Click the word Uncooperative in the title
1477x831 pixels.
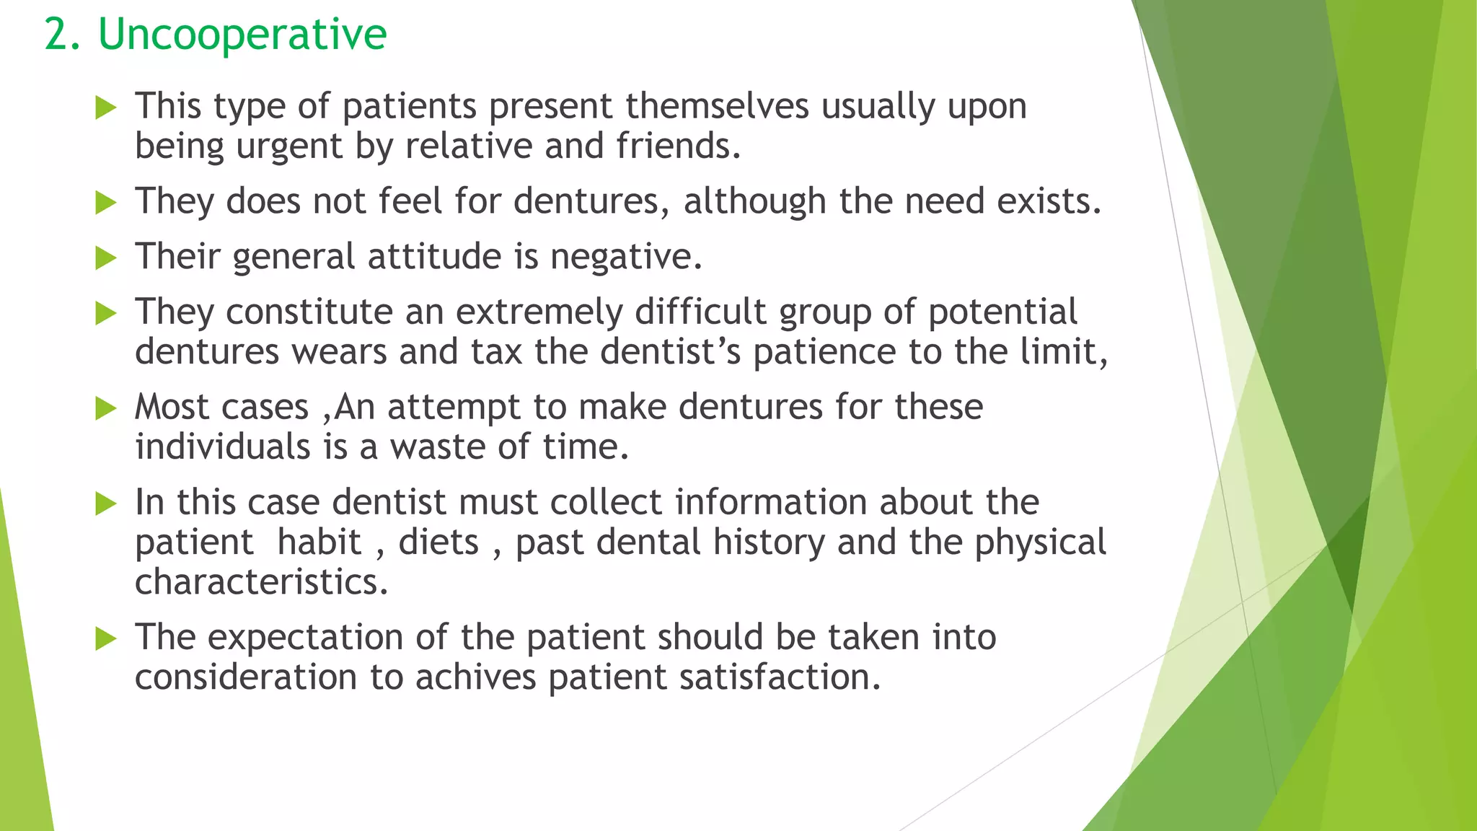point(242,35)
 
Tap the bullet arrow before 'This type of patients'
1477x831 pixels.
point(106,109)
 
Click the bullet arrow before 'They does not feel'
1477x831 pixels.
point(106,203)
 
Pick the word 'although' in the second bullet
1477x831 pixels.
point(754,201)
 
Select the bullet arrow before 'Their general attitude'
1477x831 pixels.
point(106,258)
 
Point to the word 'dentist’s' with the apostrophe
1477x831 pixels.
point(671,352)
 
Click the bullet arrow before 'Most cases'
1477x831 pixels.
point(106,409)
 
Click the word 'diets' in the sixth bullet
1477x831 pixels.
point(438,542)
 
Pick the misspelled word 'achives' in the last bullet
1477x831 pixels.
point(475,677)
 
